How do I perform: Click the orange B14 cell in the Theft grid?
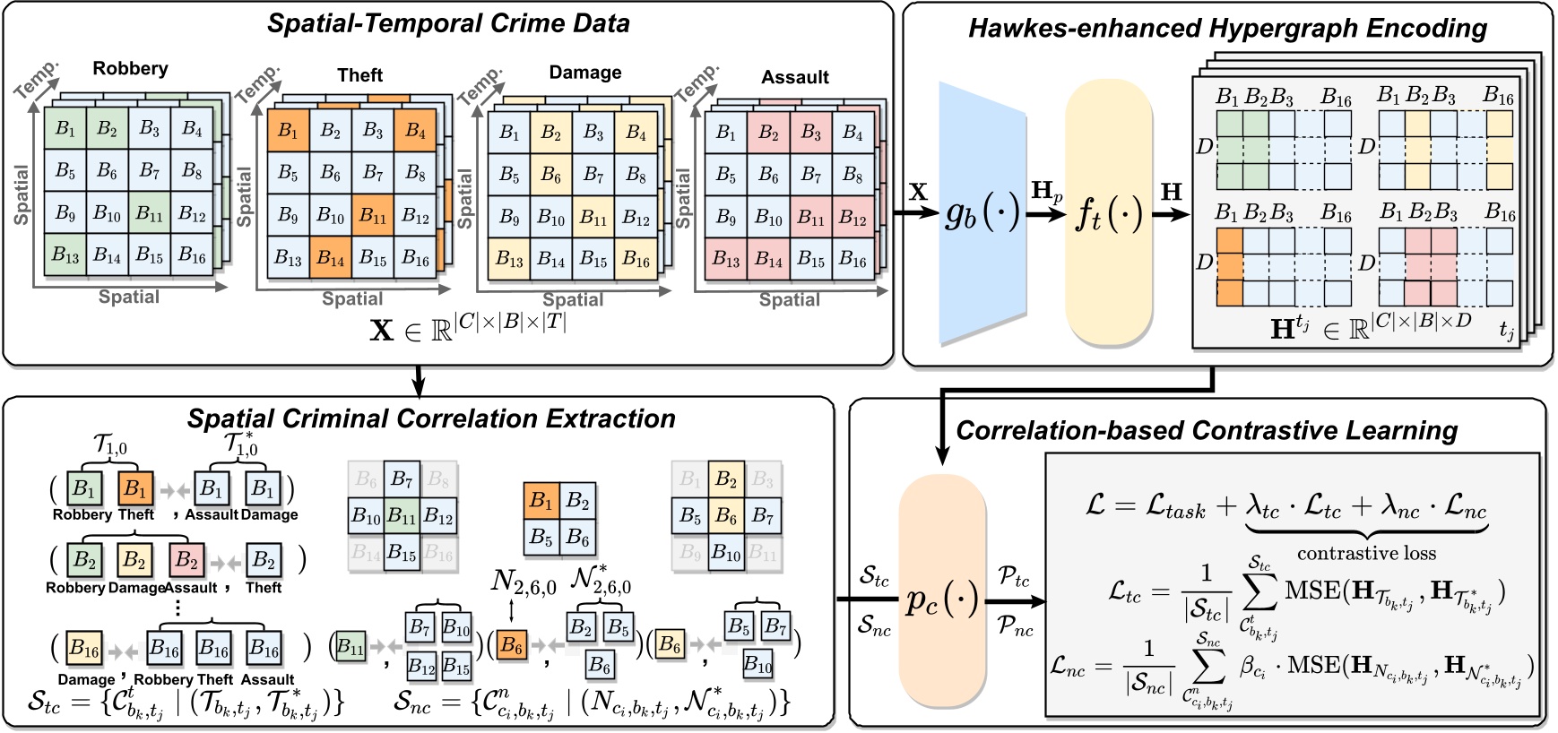[x=331, y=260]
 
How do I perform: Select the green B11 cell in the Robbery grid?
[x=149, y=213]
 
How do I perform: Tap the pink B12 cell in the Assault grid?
[x=853, y=218]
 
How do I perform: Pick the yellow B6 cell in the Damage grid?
[x=550, y=176]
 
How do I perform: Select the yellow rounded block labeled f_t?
[x=1109, y=213]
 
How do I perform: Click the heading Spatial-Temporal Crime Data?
[x=448, y=23]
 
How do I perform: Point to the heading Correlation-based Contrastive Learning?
[x=1207, y=430]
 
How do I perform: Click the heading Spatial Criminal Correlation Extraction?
[x=431, y=418]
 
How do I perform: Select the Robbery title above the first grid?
[x=130, y=68]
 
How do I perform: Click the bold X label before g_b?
[x=918, y=191]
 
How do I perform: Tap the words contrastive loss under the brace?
[x=1366, y=553]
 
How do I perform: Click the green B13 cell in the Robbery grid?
[x=65, y=255]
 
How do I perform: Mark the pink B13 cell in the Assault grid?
[x=726, y=260]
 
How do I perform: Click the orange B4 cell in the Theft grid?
[x=415, y=131]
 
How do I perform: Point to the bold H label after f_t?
[x=1171, y=191]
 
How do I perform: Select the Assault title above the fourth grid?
[x=795, y=77]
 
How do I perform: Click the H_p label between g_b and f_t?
[x=1046, y=191]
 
